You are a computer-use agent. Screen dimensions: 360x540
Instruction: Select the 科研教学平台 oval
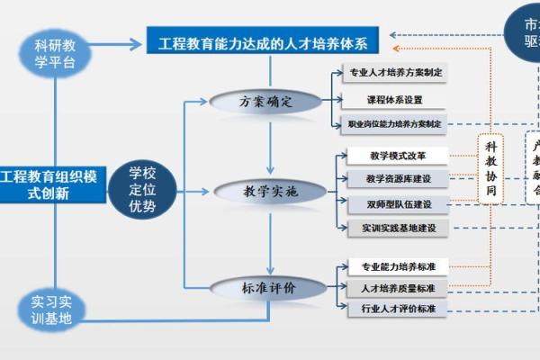61,52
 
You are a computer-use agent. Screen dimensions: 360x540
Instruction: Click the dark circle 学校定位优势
142,189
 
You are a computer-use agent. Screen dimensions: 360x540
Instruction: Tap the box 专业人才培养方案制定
395,71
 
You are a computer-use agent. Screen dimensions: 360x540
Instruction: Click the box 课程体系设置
395,98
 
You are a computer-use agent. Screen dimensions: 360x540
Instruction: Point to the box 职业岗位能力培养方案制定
395,124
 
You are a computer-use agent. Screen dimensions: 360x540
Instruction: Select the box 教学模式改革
398,156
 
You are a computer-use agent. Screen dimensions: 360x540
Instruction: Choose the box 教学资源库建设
398,179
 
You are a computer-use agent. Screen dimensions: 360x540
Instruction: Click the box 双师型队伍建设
398,204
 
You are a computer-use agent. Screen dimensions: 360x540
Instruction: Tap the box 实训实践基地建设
398,229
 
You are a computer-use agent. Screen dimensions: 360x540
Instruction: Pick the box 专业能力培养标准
398,266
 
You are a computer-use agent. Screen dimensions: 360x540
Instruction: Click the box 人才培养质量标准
398,288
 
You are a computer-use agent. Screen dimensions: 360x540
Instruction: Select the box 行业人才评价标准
398,309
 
